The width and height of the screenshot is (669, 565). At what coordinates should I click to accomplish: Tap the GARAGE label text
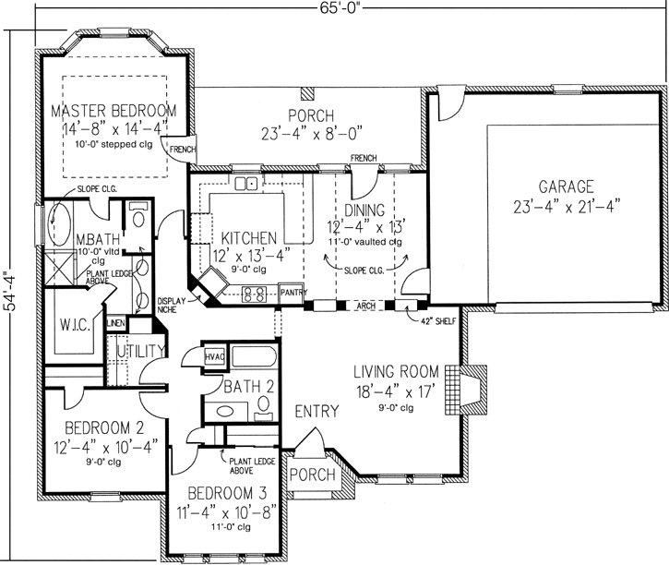tap(567, 185)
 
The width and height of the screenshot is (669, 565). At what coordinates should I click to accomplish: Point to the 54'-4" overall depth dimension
tap(9, 293)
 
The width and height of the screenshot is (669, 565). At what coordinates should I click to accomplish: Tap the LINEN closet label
tap(115, 323)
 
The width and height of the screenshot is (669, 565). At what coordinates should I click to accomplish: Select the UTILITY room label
tap(138, 351)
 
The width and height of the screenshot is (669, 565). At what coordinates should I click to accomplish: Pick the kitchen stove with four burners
tap(256, 296)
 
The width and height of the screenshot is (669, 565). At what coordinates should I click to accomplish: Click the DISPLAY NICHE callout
tap(172, 306)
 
